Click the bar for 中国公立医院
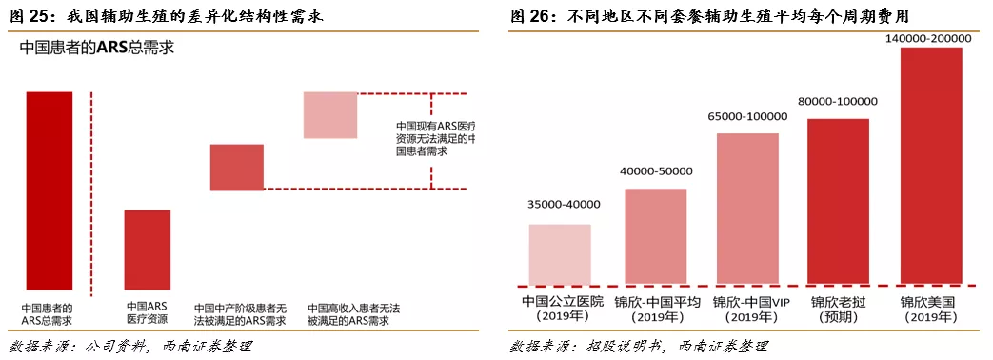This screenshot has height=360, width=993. click(x=560, y=253)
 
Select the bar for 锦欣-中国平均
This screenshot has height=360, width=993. click(x=655, y=236)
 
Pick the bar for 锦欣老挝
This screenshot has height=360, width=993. click(x=838, y=201)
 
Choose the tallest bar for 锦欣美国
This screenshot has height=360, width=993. click(x=930, y=165)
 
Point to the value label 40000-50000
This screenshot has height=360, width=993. click(x=655, y=170)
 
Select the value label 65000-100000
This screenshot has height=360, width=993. click(x=747, y=116)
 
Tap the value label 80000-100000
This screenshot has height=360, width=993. click(x=838, y=101)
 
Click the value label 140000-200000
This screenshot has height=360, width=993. click(x=930, y=39)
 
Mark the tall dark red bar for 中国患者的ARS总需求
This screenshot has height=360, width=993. click(x=50, y=190)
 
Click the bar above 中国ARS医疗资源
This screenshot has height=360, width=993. click(x=148, y=250)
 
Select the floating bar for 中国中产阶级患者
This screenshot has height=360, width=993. click(x=236, y=167)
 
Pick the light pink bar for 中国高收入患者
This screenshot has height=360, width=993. click(x=329, y=114)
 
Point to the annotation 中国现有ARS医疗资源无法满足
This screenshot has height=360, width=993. click(x=435, y=138)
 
